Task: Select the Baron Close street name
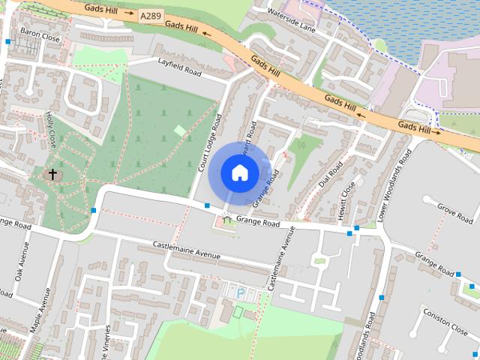coord(40,34)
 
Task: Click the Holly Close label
coord(52,129)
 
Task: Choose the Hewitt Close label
coord(348,201)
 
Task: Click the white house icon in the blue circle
coord(239,173)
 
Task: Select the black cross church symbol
coord(52,175)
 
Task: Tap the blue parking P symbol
coord(241,292)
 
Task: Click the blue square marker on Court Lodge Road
coord(207,205)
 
